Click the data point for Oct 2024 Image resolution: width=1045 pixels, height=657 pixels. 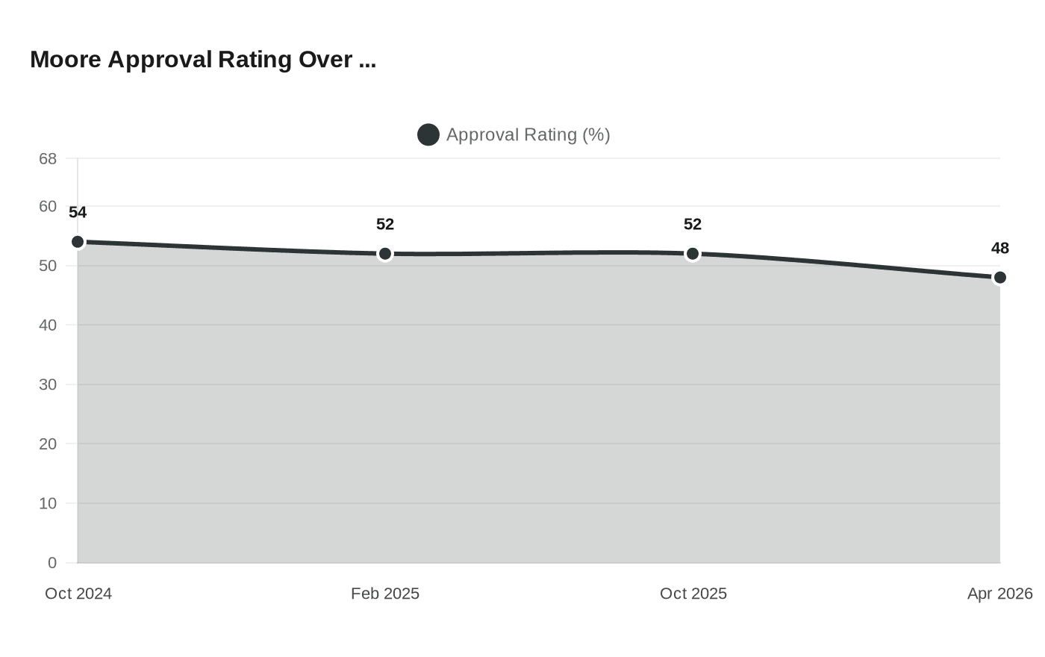[x=78, y=242]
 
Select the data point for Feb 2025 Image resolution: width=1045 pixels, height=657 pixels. [x=385, y=254]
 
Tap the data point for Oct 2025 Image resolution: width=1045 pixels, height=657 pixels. [x=693, y=254]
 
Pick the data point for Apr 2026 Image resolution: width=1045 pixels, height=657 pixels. [x=1000, y=278]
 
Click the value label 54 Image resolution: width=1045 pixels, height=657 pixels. [x=78, y=213]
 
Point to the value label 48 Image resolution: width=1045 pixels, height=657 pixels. [x=1000, y=249]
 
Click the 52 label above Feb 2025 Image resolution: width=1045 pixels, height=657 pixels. [x=385, y=225]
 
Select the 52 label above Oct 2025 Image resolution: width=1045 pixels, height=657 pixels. [x=693, y=225]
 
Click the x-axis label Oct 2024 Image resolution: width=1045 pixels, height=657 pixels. [x=78, y=594]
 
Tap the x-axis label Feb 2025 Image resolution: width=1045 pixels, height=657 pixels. [x=385, y=594]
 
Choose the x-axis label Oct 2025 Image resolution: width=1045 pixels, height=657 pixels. [x=693, y=594]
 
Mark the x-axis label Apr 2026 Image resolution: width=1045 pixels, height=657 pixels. [x=999, y=594]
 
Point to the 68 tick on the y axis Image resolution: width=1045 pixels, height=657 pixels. [x=48, y=159]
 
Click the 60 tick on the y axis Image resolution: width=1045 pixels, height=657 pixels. [x=48, y=207]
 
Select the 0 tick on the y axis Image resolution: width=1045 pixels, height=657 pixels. [x=52, y=563]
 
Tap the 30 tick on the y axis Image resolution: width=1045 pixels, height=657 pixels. [x=48, y=385]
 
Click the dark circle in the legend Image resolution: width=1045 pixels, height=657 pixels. [x=428, y=135]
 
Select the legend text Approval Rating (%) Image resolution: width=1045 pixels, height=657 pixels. [x=528, y=135]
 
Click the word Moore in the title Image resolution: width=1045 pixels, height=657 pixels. [x=66, y=60]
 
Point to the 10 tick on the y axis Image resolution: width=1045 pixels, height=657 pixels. [x=48, y=504]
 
